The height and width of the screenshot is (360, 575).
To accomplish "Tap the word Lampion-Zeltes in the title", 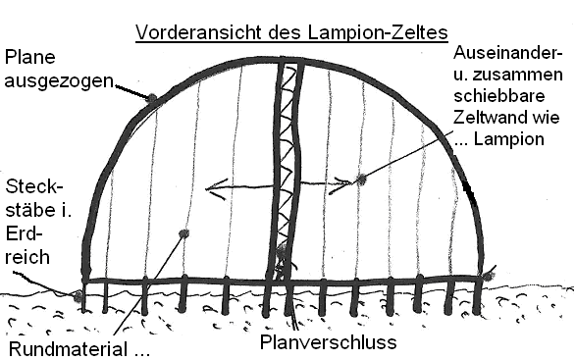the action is [378, 32].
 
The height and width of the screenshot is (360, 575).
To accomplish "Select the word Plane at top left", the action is [30, 57].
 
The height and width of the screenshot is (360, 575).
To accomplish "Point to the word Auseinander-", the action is [508, 53].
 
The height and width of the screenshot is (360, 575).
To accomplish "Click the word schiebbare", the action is [499, 96].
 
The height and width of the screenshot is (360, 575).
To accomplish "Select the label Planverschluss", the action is [328, 342].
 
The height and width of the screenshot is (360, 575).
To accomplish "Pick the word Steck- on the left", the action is [34, 187].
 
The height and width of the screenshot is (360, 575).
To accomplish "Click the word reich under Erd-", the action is [27, 257].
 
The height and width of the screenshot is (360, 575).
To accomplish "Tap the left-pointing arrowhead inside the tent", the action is [216, 188].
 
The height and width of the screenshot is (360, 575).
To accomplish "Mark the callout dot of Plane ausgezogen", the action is [151, 98].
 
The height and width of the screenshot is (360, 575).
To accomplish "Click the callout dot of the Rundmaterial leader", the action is [183, 233].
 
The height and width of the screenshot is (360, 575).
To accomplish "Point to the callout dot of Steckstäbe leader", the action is [78, 295].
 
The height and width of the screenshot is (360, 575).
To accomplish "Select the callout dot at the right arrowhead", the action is [361, 180].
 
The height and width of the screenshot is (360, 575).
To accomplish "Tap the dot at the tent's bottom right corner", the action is [488, 276].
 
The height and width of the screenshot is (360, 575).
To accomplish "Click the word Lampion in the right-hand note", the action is [509, 139].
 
